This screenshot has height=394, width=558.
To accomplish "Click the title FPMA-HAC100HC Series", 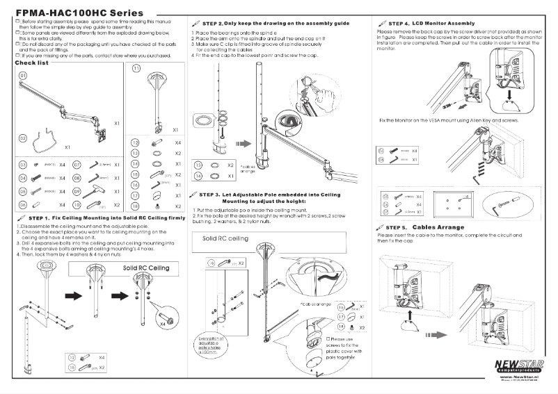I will tap(79, 13).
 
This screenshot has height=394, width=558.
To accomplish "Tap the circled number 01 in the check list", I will tap(23, 74).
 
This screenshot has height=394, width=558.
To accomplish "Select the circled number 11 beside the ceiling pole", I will tap(136, 69).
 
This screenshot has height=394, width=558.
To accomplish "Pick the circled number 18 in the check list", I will tap(136, 206).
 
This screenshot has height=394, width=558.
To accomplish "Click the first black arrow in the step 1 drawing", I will tap(73, 293).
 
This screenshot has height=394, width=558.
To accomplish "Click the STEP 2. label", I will tap(210, 23).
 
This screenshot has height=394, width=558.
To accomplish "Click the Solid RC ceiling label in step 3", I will tap(225, 238).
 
